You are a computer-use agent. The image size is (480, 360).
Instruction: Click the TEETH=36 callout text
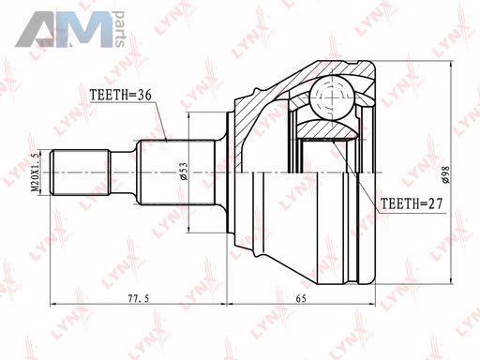(x=120, y=95)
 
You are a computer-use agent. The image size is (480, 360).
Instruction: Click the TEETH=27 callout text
(x=412, y=203)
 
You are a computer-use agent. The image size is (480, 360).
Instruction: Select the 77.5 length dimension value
(x=139, y=299)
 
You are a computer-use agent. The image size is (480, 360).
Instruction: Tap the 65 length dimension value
(x=301, y=299)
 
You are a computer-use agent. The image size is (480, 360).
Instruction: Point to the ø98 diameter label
(x=445, y=174)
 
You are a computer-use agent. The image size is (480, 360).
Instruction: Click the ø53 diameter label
(x=184, y=172)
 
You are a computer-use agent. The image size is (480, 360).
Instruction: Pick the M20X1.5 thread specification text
(x=35, y=172)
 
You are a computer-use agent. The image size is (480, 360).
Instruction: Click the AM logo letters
(x=64, y=29)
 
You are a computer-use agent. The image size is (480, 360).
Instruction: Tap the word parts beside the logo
(x=120, y=29)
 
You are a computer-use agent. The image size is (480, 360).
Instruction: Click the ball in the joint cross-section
(x=332, y=97)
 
